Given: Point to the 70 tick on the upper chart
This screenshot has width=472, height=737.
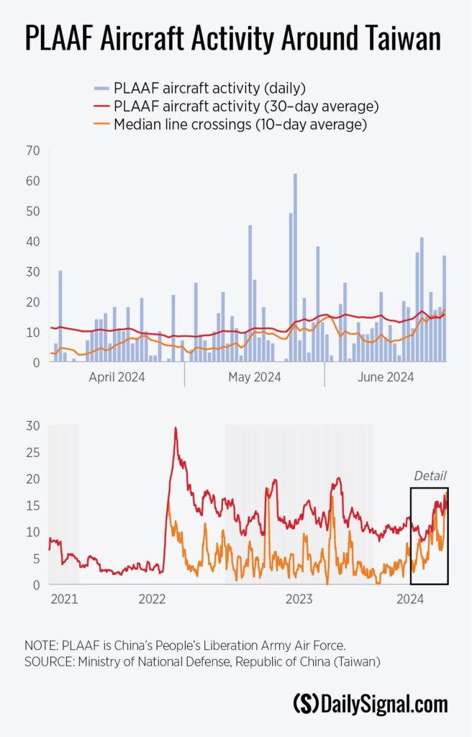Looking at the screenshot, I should click(32, 151).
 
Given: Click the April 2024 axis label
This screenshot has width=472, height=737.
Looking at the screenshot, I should click(117, 377).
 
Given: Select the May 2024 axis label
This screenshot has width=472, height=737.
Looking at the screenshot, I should click(254, 377).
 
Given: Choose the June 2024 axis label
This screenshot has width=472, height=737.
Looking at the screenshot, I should click(386, 377).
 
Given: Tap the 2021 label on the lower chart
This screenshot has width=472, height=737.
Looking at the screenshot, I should click(64, 598).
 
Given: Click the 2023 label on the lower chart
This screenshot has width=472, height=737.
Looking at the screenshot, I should click(298, 598).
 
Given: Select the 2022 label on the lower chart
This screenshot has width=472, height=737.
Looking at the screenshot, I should click(152, 598).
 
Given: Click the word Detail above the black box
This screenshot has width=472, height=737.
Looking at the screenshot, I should click(430, 476).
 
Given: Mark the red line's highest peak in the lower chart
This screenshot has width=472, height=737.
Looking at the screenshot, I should click(176, 428).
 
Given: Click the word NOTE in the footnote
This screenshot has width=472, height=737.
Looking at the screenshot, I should click(40, 646).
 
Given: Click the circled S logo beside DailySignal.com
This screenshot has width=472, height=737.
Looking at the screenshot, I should click(307, 703).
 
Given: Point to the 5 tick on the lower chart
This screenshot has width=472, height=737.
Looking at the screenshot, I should click(35, 559).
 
